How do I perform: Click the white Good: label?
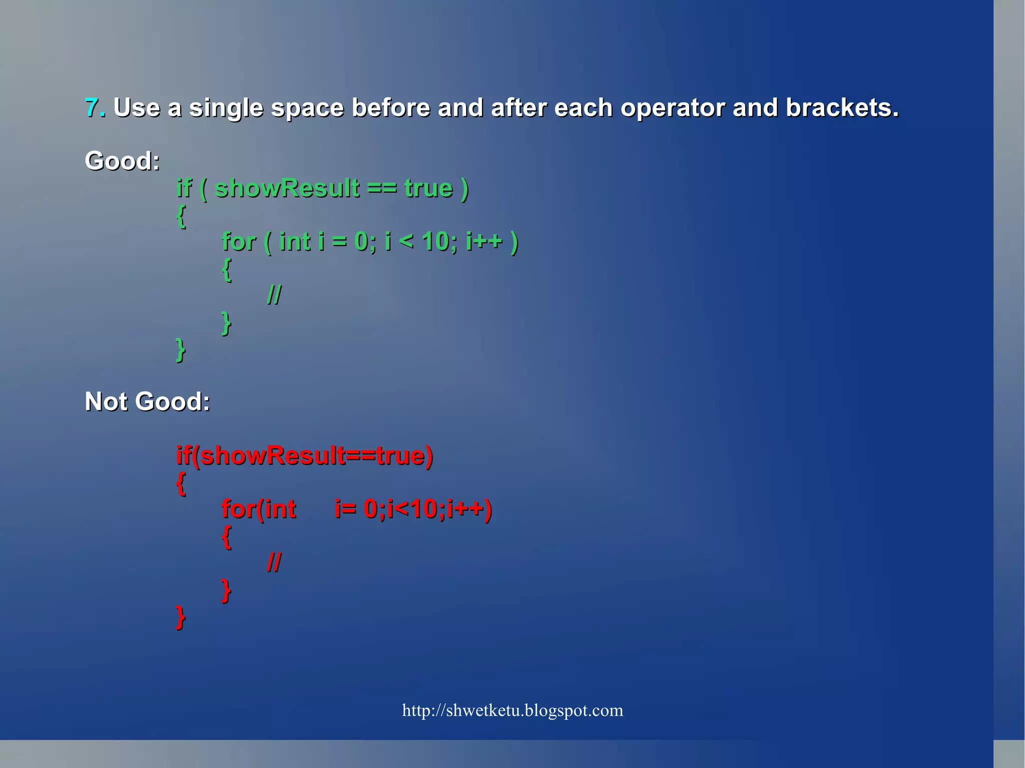point(122,161)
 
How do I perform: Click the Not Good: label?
point(147,401)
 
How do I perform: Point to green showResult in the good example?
point(287,188)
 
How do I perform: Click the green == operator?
point(381,189)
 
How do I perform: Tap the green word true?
point(428,189)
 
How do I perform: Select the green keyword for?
point(239,242)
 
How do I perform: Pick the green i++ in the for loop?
point(483,241)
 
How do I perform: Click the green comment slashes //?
point(274,295)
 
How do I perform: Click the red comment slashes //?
point(274,562)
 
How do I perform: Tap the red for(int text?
point(259,509)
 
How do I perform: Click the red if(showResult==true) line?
point(304,456)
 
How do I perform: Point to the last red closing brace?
point(181,617)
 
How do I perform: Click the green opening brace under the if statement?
point(181,216)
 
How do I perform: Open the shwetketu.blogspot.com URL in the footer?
point(512,710)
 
